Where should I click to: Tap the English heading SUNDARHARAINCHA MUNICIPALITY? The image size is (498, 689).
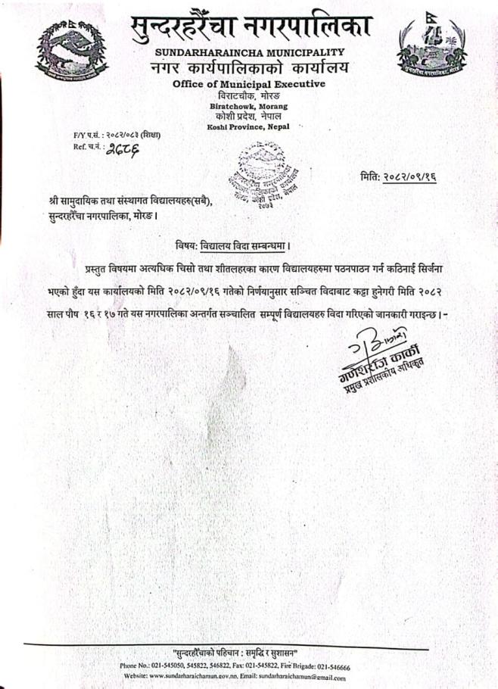click(x=249, y=52)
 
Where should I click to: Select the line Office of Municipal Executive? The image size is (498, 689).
click(x=249, y=83)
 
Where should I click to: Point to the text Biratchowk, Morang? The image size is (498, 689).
click(x=248, y=107)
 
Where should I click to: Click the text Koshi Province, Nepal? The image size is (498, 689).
click(x=248, y=126)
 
